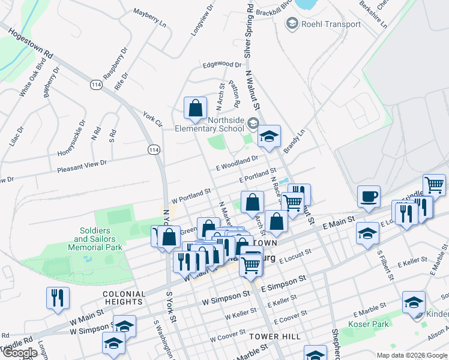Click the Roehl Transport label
point(331,25)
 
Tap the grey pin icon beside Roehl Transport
point(292,24)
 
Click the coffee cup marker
point(369,196)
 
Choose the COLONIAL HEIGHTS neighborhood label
point(124,298)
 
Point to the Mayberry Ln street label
point(149,18)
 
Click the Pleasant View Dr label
point(82,166)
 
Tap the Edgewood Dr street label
point(221,64)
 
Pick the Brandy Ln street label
point(294,141)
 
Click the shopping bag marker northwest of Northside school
point(195,108)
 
